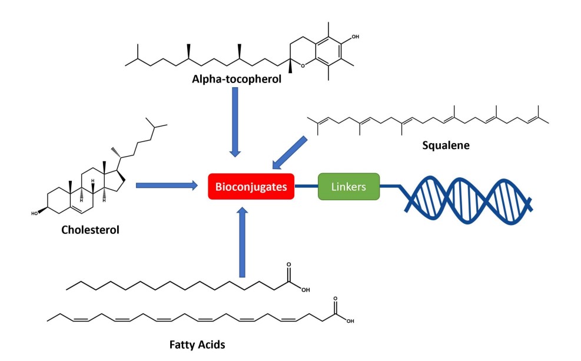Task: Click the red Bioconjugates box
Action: click(251, 187)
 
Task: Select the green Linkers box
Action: click(348, 187)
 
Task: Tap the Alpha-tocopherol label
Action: click(236, 78)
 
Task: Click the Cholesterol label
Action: click(89, 230)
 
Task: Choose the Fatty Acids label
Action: click(193, 344)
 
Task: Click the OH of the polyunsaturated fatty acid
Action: click(350, 322)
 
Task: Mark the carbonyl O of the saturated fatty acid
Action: click(288, 266)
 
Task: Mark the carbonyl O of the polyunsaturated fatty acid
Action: click(335, 299)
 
